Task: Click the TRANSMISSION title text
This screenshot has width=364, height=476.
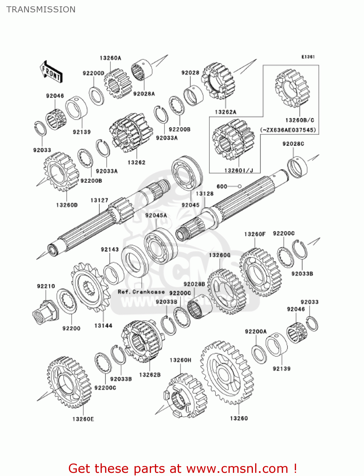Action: click(x=41, y=10)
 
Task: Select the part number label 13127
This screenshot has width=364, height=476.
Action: click(x=99, y=200)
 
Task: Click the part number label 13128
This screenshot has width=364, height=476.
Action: click(x=205, y=194)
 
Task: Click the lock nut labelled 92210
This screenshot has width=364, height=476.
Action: click(x=45, y=311)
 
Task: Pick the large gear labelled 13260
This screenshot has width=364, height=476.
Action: click(x=227, y=373)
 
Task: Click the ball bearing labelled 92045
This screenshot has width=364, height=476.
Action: click(x=187, y=173)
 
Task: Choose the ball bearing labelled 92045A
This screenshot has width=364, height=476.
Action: click(x=161, y=246)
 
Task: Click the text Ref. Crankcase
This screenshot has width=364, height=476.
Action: click(x=141, y=292)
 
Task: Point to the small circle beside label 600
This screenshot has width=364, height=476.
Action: click(x=240, y=186)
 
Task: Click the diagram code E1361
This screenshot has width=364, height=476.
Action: click(x=308, y=57)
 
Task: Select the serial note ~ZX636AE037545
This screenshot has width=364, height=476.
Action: click(x=288, y=130)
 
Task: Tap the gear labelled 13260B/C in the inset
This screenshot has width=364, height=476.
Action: click(x=292, y=89)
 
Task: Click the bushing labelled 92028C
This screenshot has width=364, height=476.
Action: click(x=297, y=167)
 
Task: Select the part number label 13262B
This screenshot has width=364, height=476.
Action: click(x=150, y=375)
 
